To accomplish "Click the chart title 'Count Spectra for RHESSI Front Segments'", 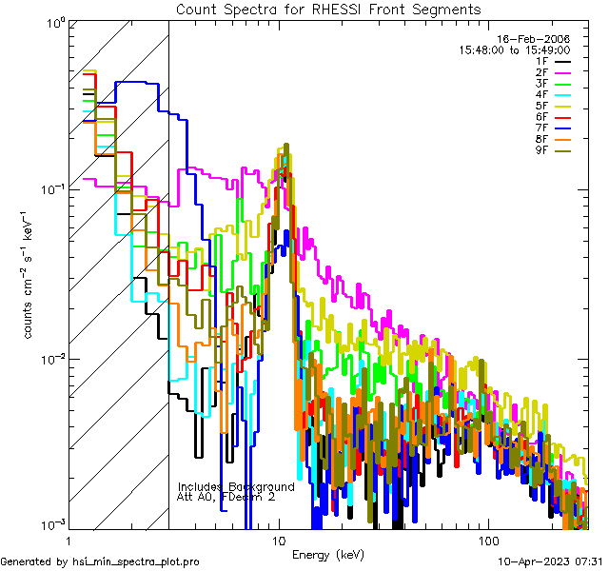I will [328, 9].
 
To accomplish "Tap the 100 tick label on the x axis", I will [487, 540].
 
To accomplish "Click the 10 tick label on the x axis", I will [278, 540].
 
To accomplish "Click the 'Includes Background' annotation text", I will [236, 486].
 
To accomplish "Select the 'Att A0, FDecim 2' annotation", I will [226, 497].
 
